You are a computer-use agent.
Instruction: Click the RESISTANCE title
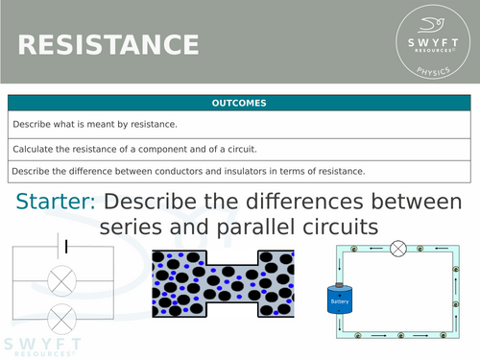[108, 44]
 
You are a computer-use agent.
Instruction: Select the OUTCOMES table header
[239, 104]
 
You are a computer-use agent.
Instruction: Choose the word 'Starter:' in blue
[57, 203]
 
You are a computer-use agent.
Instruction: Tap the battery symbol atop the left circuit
[64, 246]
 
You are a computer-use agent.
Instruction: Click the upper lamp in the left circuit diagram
[62, 280]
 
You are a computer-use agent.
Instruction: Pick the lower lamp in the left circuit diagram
[62, 315]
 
